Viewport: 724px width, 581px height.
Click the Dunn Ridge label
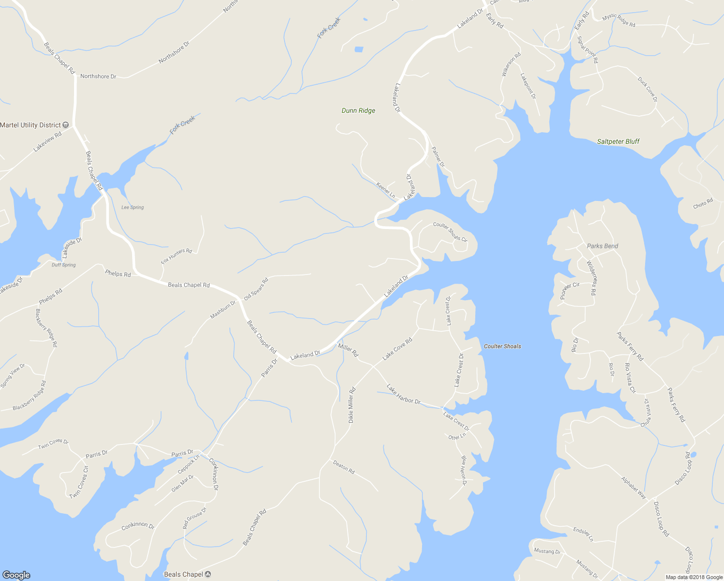pyautogui.click(x=358, y=110)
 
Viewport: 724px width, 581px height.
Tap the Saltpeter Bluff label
pyautogui.click(x=618, y=141)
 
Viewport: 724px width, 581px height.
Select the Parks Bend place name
pyautogui.click(x=602, y=246)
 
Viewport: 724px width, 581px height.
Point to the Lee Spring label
pyautogui.click(x=132, y=207)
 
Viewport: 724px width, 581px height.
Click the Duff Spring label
pyautogui.click(x=63, y=265)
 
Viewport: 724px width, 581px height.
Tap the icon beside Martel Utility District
pyautogui.click(x=66, y=125)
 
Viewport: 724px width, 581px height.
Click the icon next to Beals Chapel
pyautogui.click(x=208, y=574)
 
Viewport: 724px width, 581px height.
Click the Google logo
pyautogui.click(x=16, y=575)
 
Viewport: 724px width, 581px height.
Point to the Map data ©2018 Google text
pyautogui.click(x=694, y=577)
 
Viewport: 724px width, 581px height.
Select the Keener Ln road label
pyautogui.click(x=385, y=190)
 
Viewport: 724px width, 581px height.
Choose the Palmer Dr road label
pyautogui.click(x=437, y=157)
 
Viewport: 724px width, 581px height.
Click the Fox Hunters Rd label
pyautogui.click(x=176, y=256)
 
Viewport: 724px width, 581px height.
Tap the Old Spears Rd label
pyautogui.click(x=256, y=289)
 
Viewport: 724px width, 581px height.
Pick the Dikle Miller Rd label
pyautogui.click(x=352, y=405)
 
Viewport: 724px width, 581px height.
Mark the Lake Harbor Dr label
pyautogui.click(x=404, y=394)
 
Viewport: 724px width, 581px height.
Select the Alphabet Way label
pyautogui.click(x=633, y=488)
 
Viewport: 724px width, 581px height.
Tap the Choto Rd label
pyautogui.click(x=703, y=203)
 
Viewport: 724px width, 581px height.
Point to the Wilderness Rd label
pyautogui.click(x=591, y=278)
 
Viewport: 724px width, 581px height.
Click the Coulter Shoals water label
pyautogui.click(x=502, y=346)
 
